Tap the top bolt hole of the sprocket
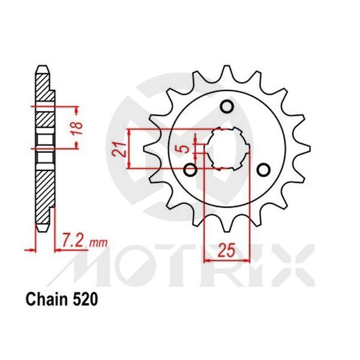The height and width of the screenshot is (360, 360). (x=227, y=107)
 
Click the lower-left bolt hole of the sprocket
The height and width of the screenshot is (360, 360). (x=191, y=171)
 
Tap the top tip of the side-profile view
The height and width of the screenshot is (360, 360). (x=43, y=67)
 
